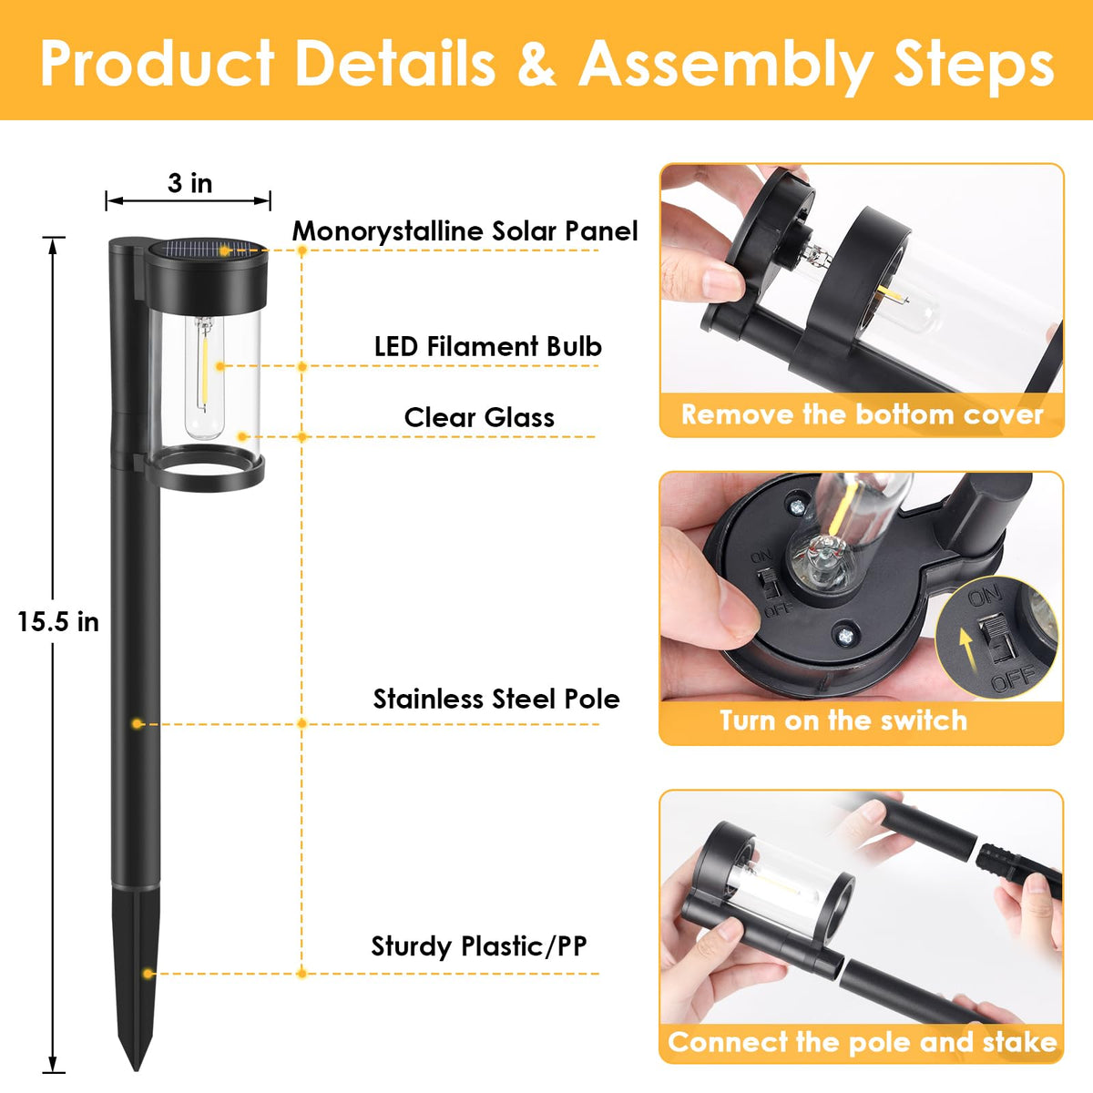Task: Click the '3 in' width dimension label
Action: click(190, 183)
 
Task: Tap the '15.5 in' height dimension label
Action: click(58, 622)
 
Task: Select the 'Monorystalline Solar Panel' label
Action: click(465, 230)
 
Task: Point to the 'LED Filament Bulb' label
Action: click(488, 346)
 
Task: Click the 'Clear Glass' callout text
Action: click(479, 417)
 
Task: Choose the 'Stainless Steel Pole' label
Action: click(496, 699)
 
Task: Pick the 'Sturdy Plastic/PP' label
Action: click(479, 946)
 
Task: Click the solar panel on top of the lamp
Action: click(208, 249)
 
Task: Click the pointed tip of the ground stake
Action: click(137, 1068)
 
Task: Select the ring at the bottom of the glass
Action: click(205, 468)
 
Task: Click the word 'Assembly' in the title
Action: click(725, 66)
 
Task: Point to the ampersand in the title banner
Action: click(536, 63)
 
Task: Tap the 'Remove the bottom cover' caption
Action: click(863, 414)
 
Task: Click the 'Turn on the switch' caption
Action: click(843, 720)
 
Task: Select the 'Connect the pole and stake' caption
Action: click(863, 1043)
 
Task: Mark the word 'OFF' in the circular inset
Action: click(1014, 679)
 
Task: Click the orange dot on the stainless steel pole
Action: click(137, 724)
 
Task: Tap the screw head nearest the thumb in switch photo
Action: click(845, 636)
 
